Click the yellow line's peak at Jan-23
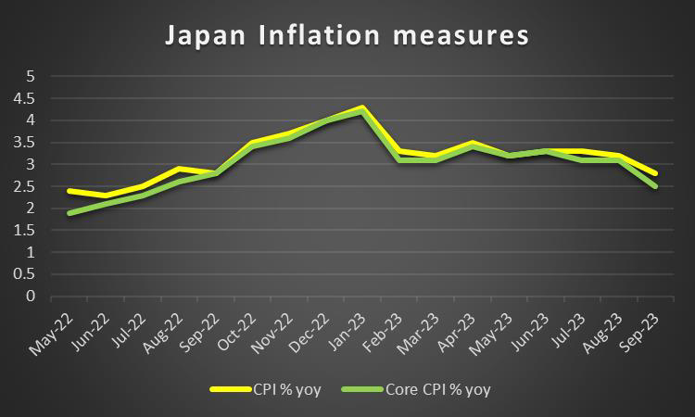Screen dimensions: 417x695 (x=361, y=107)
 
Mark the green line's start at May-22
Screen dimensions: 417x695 (x=69, y=213)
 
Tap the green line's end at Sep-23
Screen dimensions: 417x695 (x=656, y=186)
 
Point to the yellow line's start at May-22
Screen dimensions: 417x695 (x=69, y=191)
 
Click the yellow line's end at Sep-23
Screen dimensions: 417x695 (x=656, y=173)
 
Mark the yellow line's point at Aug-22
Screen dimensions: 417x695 (x=179, y=169)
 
